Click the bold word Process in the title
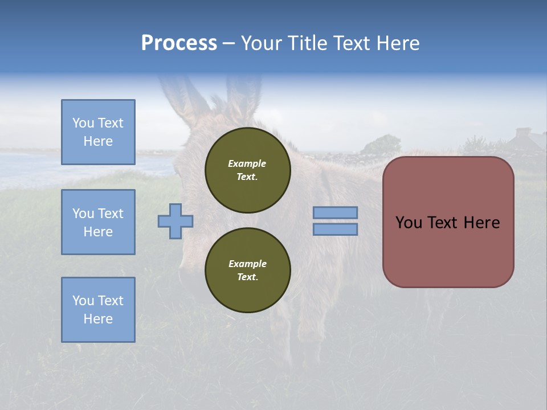click(179, 43)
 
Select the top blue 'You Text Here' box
click(98, 132)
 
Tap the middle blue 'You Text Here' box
click(98, 222)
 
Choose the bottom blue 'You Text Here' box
click(98, 310)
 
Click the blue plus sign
click(175, 221)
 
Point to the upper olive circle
click(248, 170)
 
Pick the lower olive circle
click(248, 270)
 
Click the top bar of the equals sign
click(336, 212)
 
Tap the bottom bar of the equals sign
click(336, 229)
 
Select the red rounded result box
click(448, 222)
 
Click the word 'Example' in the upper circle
click(247, 163)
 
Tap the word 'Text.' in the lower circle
click(247, 277)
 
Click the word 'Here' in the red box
click(481, 223)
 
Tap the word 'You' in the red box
click(409, 223)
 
